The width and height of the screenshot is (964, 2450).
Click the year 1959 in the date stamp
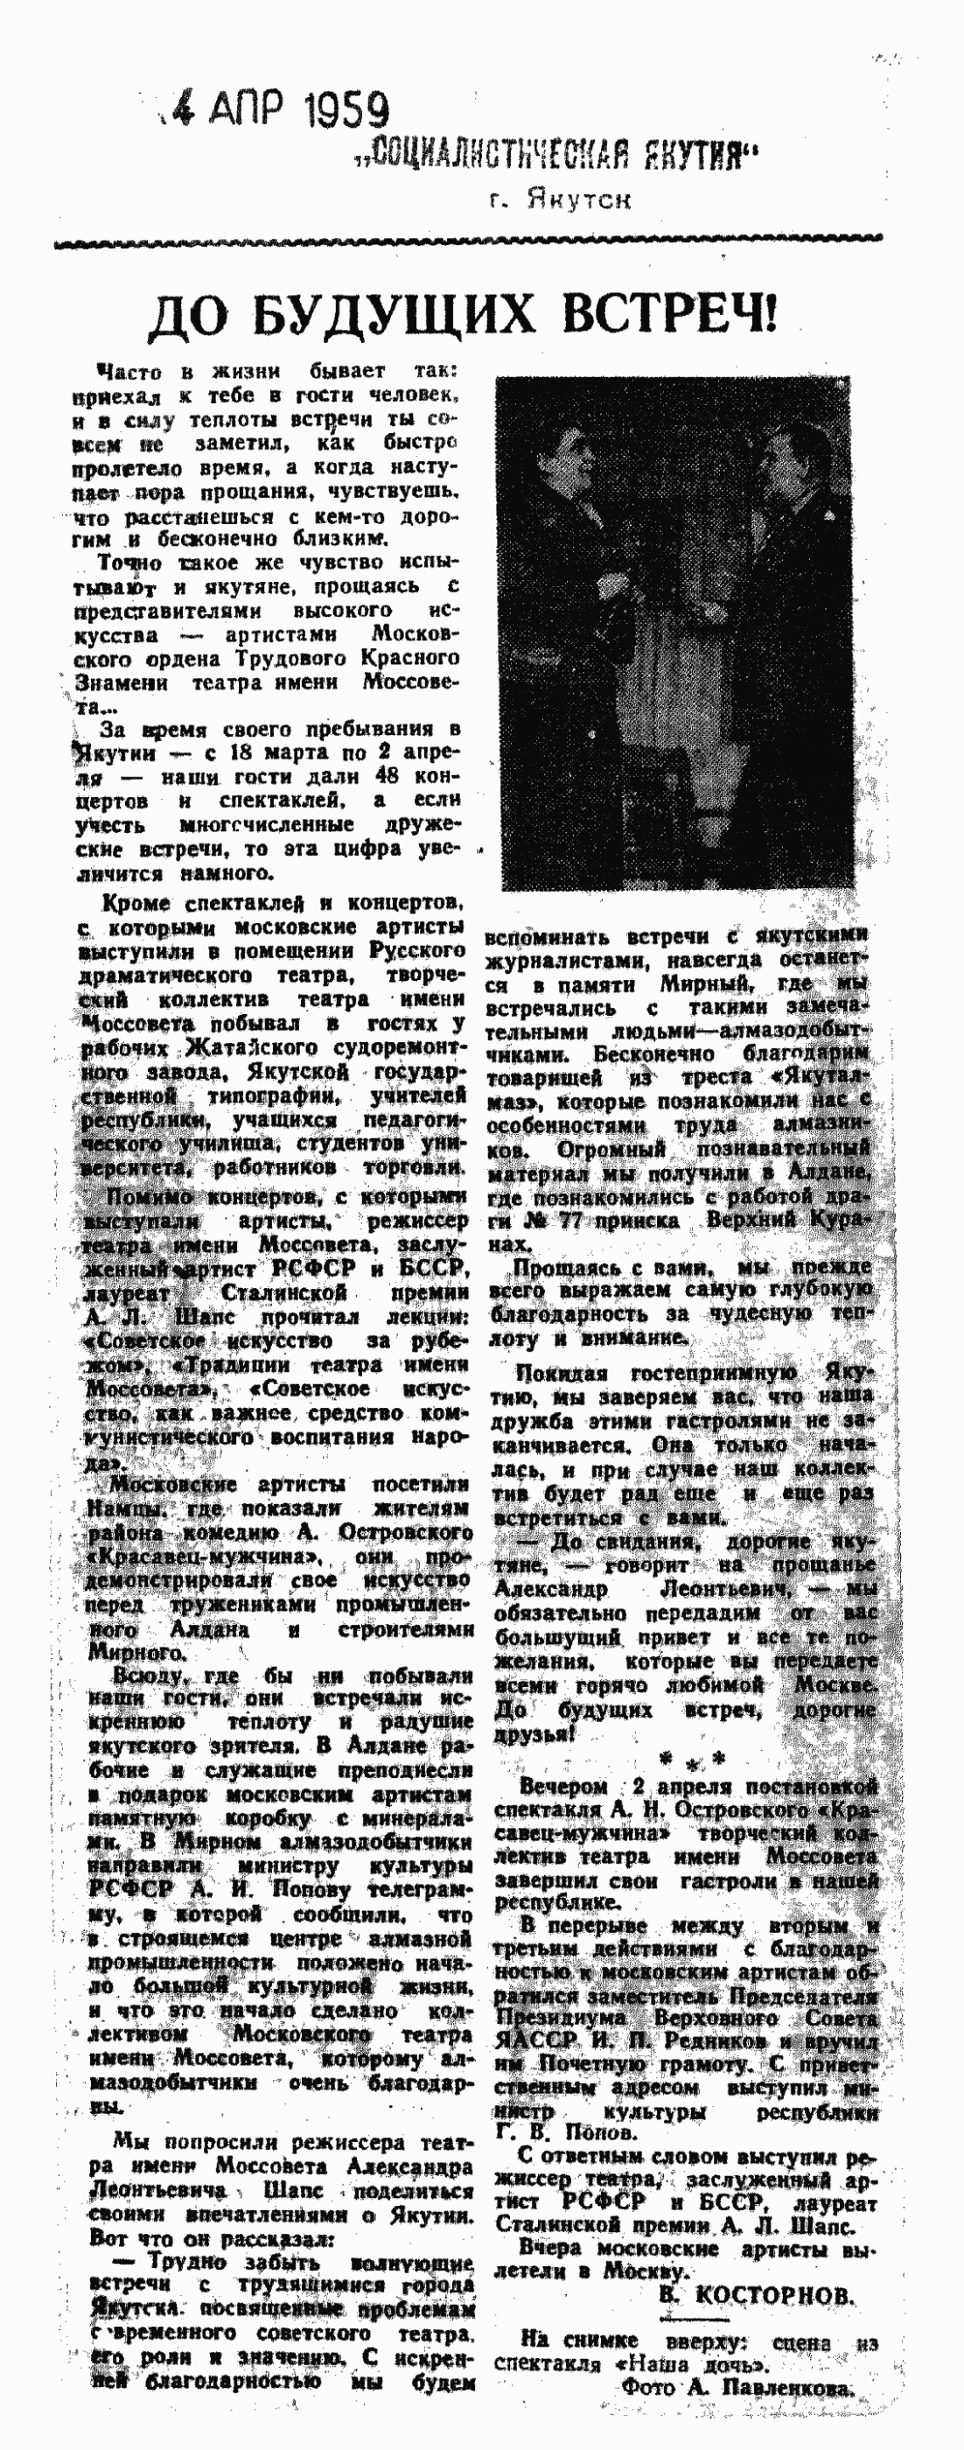pos(347,111)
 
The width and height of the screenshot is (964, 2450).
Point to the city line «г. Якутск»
pos(560,199)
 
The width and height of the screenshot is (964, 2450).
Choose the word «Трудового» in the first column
pos(296,658)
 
